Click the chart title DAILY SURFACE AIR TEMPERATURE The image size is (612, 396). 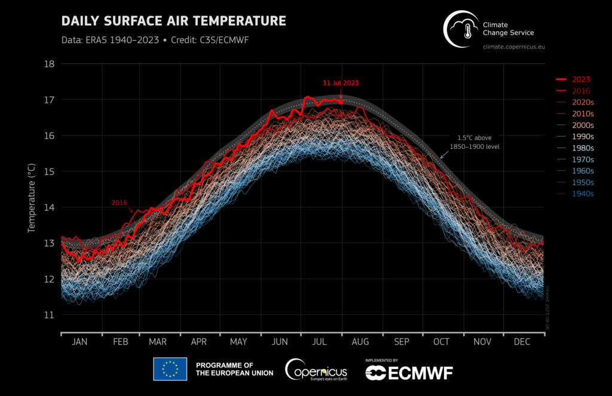point(174,22)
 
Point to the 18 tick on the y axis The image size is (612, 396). point(50,64)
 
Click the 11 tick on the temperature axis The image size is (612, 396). point(50,315)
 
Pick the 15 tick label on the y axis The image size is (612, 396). point(50,171)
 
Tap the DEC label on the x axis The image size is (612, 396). point(522,342)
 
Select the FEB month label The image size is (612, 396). point(121,342)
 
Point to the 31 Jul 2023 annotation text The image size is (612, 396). point(340,83)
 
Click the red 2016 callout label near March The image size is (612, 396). point(121,203)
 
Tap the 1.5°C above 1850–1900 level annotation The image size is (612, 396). point(475,142)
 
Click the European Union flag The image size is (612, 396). point(170,369)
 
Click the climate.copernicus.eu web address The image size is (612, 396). point(513,46)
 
